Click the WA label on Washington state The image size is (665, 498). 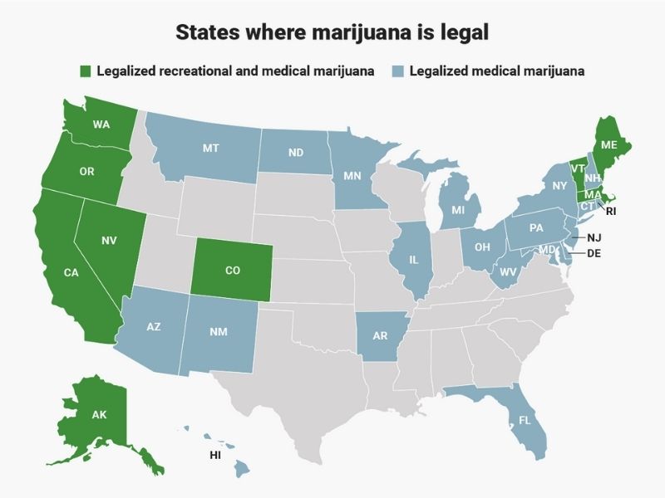pyautogui.click(x=101, y=125)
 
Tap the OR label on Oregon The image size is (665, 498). pyautogui.click(x=86, y=172)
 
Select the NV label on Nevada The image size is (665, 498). pyautogui.click(x=109, y=241)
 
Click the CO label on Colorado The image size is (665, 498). pyautogui.click(x=233, y=271)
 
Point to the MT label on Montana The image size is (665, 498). pyautogui.click(x=210, y=149)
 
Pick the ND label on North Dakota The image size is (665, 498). pyautogui.click(x=295, y=153)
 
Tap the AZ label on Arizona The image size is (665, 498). pyautogui.click(x=154, y=327)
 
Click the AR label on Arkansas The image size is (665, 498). pyautogui.click(x=380, y=336)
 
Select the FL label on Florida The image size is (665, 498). pyautogui.click(x=525, y=421)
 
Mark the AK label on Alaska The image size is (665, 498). pyautogui.click(x=99, y=414)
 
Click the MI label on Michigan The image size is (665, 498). pyautogui.click(x=458, y=211)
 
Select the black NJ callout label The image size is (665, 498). pyautogui.click(x=594, y=238)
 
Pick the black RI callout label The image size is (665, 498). pyautogui.click(x=610, y=212)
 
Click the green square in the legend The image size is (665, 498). pyautogui.click(x=86, y=71)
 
